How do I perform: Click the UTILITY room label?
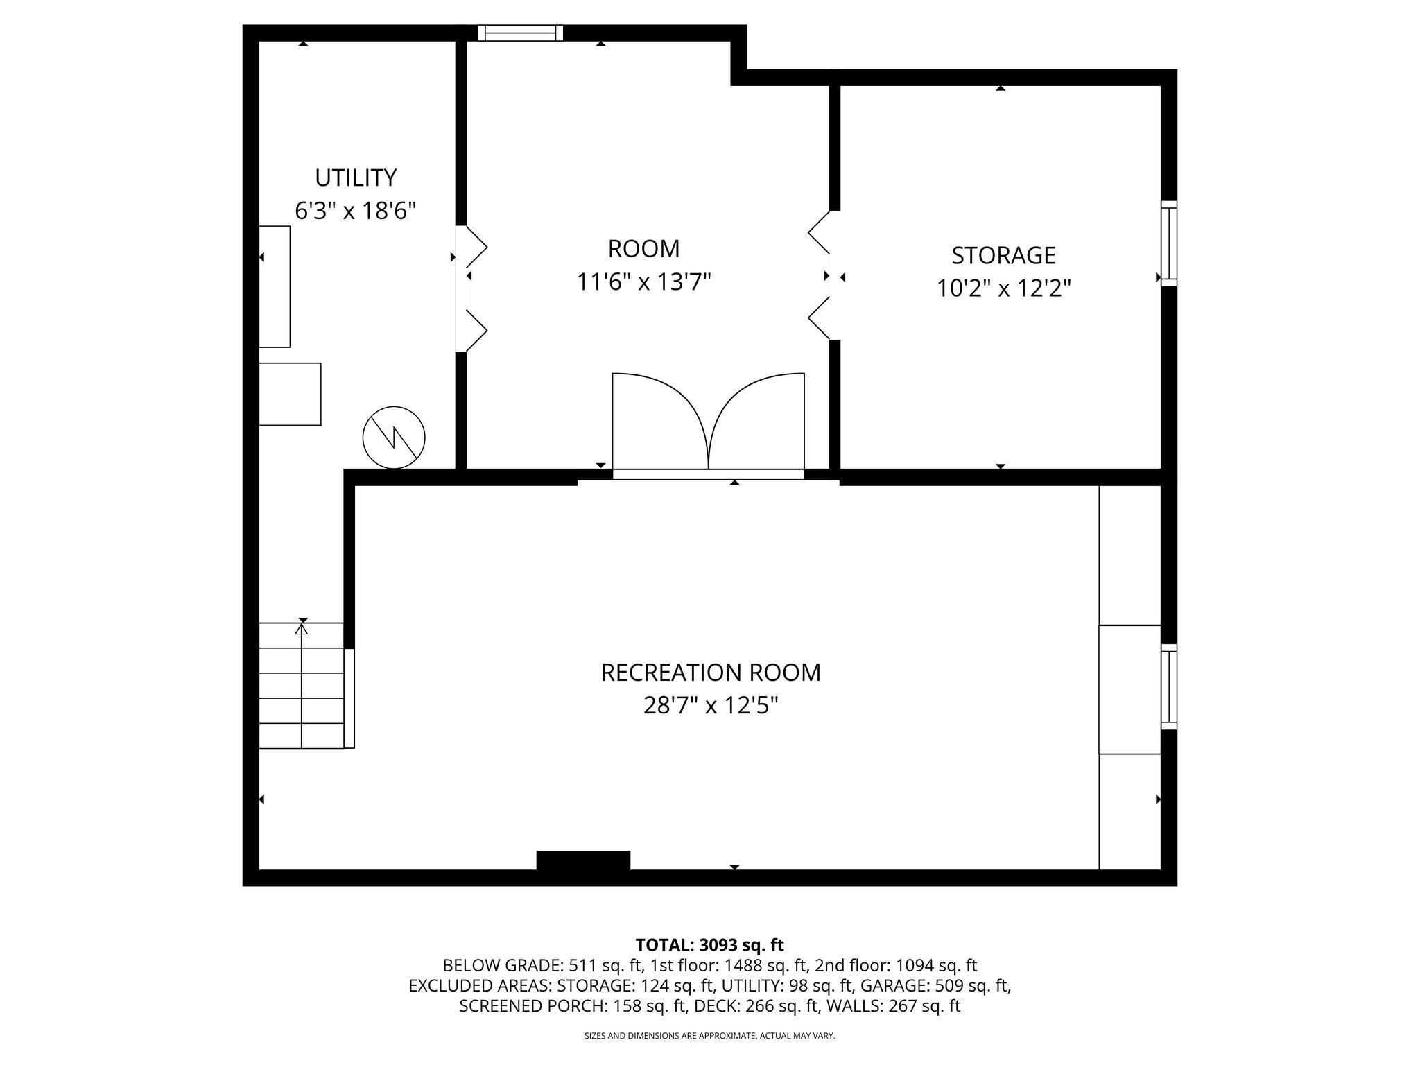356,178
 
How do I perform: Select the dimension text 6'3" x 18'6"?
356,211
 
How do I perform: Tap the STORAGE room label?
1003,256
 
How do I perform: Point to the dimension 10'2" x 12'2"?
1003,288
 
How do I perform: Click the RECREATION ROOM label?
711,673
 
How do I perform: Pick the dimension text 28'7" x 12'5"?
711,706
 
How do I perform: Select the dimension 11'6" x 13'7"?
644,282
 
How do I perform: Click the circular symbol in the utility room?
394,438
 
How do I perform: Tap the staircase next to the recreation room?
302,686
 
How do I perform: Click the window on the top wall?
521,33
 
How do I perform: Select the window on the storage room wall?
1169,243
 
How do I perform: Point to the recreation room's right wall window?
1169,686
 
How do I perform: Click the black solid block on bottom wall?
583,860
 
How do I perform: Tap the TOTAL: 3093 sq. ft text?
709,944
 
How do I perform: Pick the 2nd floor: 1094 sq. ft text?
895,965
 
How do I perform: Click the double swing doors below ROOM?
708,423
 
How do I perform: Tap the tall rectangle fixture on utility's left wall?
275,286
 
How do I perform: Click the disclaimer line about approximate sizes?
709,1036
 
